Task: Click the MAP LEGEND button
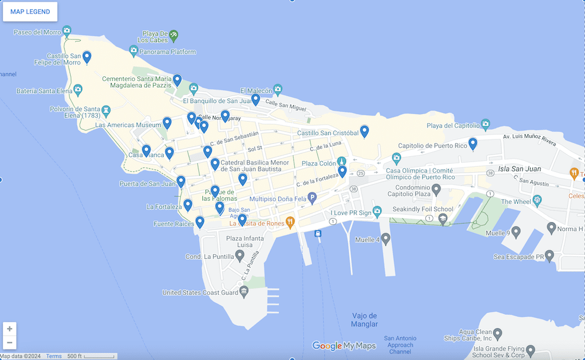(30, 12)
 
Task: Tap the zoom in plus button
(10, 328)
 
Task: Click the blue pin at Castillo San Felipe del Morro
(87, 57)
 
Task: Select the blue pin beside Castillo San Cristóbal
(364, 131)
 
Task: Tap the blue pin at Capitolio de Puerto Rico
(473, 143)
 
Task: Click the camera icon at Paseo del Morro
(67, 30)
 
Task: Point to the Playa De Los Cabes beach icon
(174, 36)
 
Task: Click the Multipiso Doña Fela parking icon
(312, 198)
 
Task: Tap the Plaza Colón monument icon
(342, 162)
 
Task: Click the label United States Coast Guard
(201, 293)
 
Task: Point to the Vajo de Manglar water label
(364, 320)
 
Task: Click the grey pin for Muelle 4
(386, 238)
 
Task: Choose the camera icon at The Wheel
(537, 201)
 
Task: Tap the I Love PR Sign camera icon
(377, 211)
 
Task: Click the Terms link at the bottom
(54, 356)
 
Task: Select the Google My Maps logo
(344, 346)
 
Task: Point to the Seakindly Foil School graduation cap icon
(443, 219)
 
